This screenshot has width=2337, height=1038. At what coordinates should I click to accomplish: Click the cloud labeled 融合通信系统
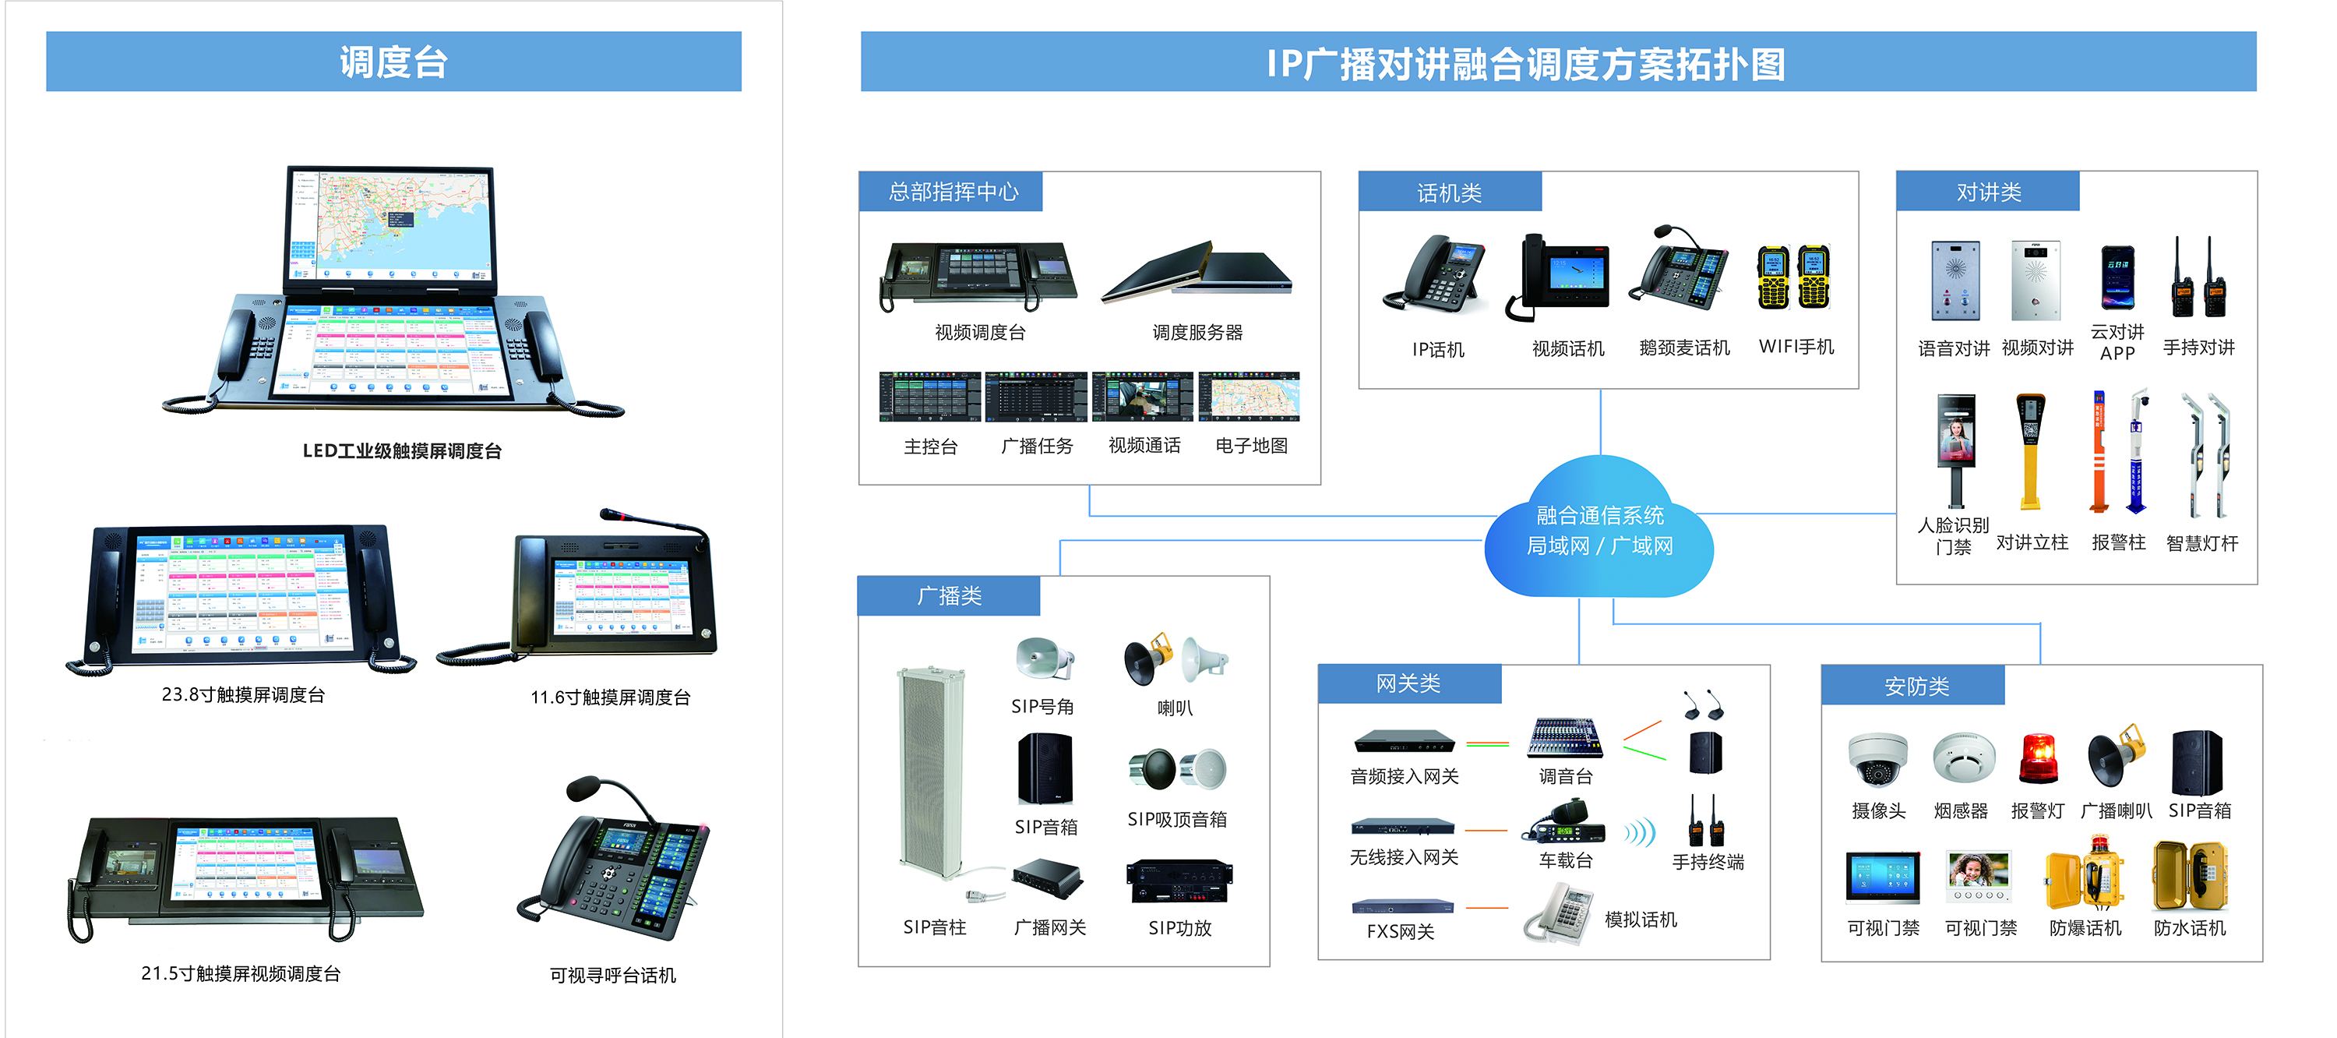(x=1599, y=531)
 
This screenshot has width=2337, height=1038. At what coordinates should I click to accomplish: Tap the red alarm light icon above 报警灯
(x=2038, y=757)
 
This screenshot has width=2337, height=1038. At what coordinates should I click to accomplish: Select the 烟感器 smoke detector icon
(x=1962, y=758)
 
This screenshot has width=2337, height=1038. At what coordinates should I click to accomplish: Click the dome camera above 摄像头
(x=1877, y=758)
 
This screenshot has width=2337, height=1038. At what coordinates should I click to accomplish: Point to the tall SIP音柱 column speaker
(x=931, y=771)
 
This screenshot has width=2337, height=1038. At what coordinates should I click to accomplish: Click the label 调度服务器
(x=1197, y=333)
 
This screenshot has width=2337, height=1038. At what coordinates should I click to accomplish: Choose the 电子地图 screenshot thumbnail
(x=1250, y=397)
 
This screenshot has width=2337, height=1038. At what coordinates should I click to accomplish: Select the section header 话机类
(x=1449, y=192)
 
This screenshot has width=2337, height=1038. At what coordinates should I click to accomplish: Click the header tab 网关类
(x=1408, y=683)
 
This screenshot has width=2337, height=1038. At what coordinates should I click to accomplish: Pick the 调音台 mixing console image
(x=1565, y=738)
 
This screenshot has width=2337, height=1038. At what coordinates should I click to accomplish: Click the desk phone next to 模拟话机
(x=1559, y=915)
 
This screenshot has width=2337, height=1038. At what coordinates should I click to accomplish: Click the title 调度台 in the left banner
(x=393, y=62)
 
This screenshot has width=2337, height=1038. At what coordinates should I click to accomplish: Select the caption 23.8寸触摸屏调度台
(x=243, y=695)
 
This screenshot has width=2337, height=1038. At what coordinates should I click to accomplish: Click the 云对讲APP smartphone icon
(x=2117, y=278)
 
